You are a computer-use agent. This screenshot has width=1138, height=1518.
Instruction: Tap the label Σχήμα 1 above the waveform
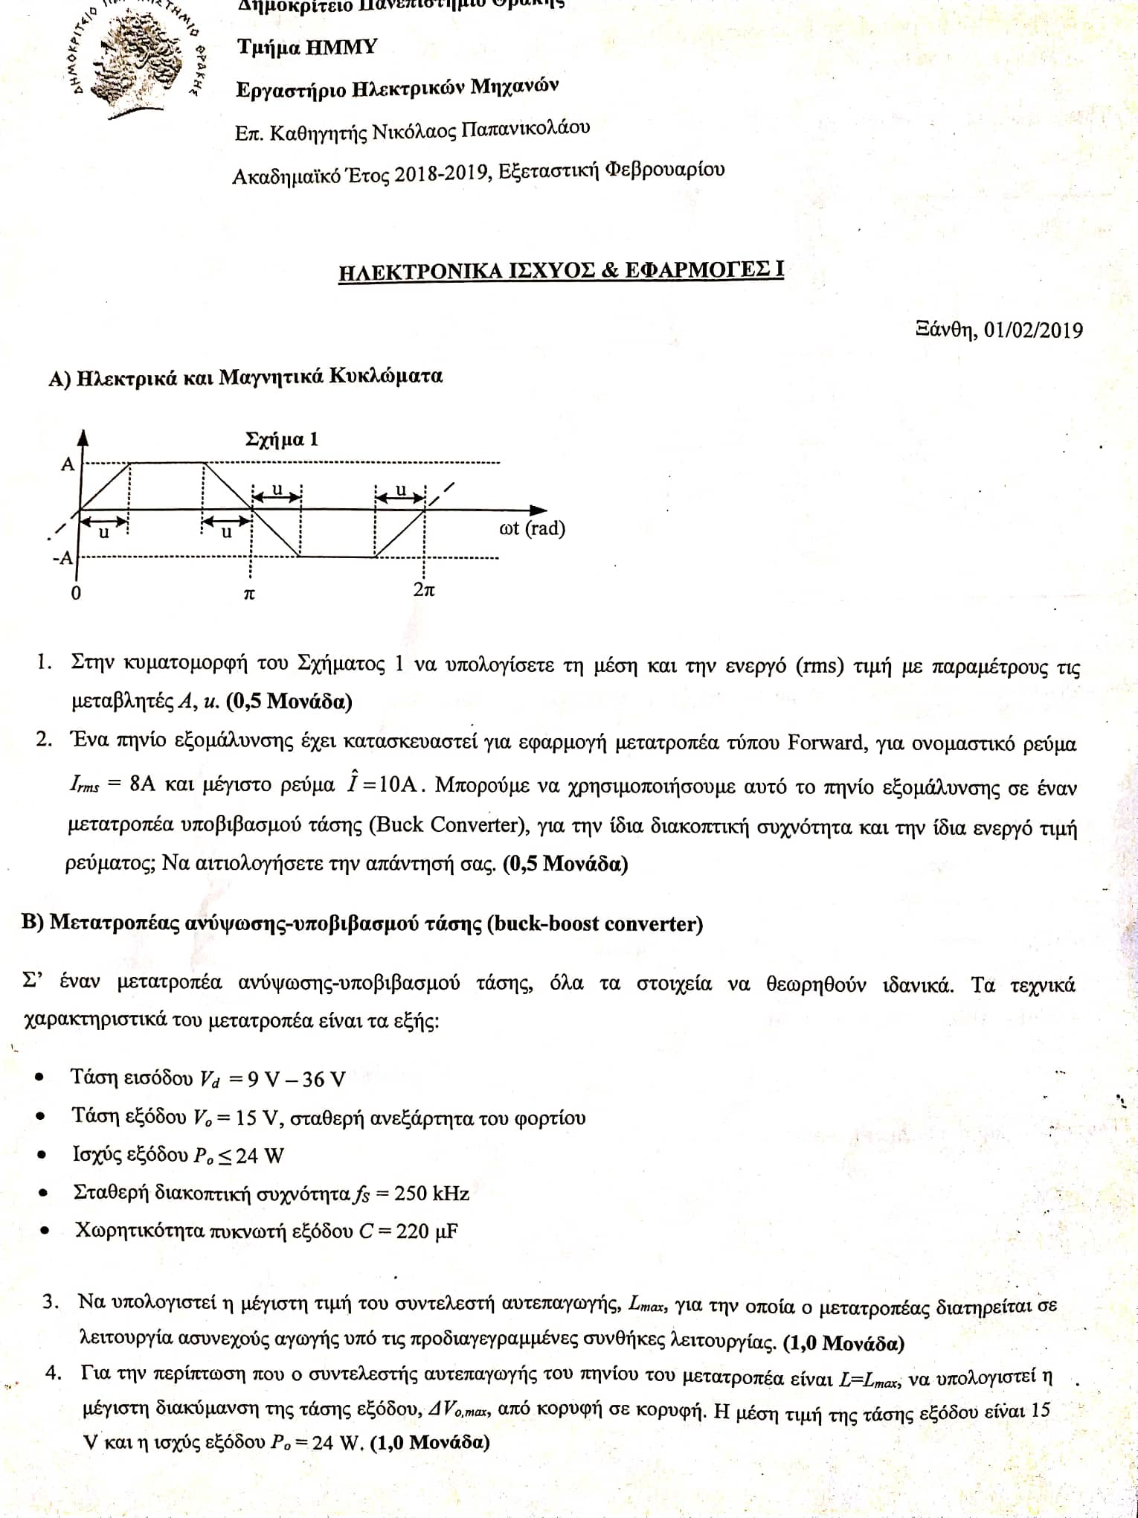pyautogui.click(x=282, y=439)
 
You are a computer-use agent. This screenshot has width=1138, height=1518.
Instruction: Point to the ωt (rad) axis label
pyautogui.click(x=532, y=529)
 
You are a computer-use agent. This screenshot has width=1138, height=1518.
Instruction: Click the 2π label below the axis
pyautogui.click(x=424, y=590)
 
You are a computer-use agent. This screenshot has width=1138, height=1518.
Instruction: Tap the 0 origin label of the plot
pyautogui.click(x=76, y=594)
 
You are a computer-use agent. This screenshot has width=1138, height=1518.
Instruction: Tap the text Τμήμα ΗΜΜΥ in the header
pyautogui.click(x=307, y=48)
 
